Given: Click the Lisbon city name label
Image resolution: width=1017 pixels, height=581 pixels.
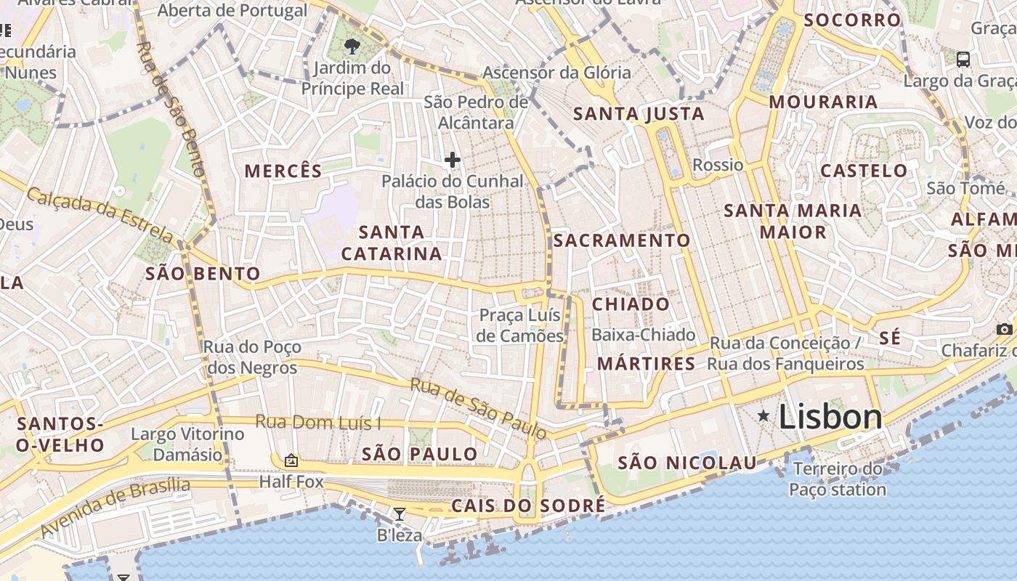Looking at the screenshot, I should pyautogui.click(x=830, y=417).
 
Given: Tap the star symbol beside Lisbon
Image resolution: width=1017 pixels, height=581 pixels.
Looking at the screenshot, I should pyautogui.click(x=763, y=416).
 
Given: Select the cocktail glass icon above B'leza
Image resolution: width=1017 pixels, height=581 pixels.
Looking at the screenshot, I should pyautogui.click(x=400, y=514).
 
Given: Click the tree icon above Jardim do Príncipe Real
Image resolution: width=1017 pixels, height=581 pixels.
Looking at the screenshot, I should pyautogui.click(x=352, y=47).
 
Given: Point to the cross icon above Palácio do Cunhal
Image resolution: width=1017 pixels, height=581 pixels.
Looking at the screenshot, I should pyautogui.click(x=453, y=160).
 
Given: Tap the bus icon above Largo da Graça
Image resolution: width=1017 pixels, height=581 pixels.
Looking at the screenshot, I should pyautogui.click(x=963, y=59).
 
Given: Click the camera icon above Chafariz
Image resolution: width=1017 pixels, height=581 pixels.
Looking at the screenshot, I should pyautogui.click(x=1005, y=329).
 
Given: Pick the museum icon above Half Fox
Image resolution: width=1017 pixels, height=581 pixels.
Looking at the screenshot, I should pyautogui.click(x=291, y=460).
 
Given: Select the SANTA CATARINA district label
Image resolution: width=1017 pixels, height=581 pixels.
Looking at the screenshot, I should pyautogui.click(x=392, y=243).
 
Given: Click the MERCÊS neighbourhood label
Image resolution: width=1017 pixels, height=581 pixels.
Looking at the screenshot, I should pyautogui.click(x=283, y=171).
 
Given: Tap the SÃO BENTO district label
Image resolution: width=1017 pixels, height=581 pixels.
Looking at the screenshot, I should pyautogui.click(x=203, y=274).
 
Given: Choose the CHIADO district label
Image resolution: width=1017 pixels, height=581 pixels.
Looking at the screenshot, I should pyautogui.click(x=631, y=304).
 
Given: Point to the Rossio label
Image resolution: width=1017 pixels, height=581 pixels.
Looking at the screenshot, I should pyautogui.click(x=718, y=165).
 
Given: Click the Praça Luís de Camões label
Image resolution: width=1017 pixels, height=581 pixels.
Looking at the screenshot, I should pyautogui.click(x=520, y=325).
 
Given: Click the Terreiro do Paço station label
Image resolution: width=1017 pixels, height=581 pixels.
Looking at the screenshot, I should pyautogui.click(x=838, y=479).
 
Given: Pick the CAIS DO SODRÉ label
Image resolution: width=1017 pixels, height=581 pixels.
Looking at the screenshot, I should pyautogui.click(x=527, y=505).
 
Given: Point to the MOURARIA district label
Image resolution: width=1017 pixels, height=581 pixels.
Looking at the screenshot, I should pyautogui.click(x=823, y=102).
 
